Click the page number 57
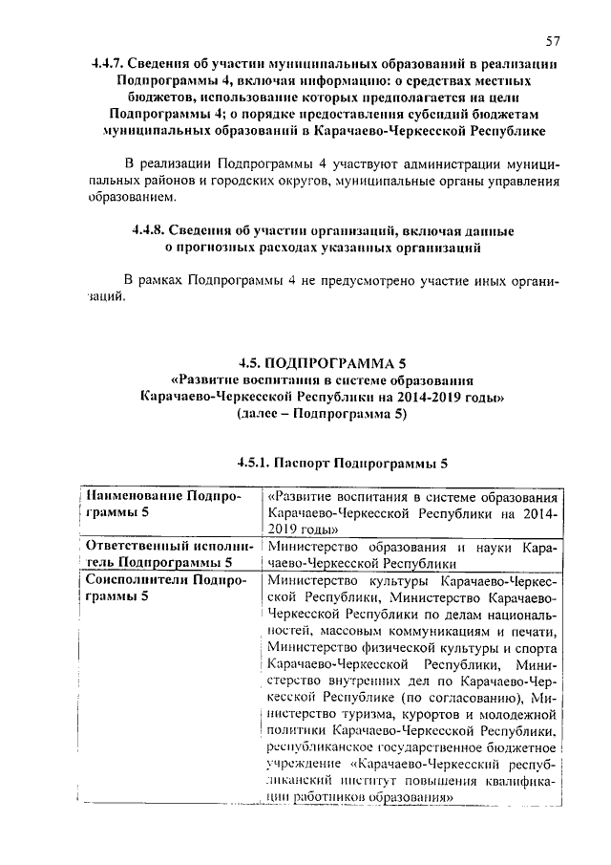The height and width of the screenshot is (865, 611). coord(552,42)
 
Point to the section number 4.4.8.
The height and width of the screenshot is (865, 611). coord(153,231)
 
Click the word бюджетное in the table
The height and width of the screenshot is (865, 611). coord(519,746)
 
